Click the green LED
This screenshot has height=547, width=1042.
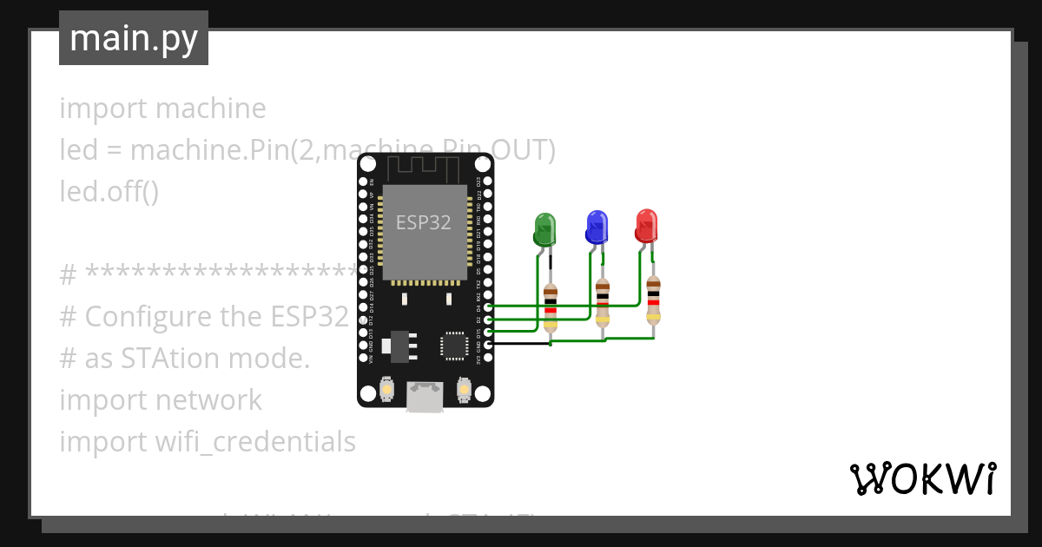click(x=544, y=230)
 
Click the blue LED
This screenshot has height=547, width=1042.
click(x=596, y=227)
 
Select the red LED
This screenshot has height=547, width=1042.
click(x=646, y=226)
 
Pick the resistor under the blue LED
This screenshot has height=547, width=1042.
click(x=603, y=302)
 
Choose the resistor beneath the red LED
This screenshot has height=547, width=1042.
click(x=653, y=300)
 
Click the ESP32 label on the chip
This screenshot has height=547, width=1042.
click(x=424, y=221)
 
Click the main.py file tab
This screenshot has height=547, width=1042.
click(x=134, y=38)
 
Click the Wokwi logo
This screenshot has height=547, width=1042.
click(x=922, y=478)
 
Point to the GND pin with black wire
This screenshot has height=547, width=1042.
click(x=488, y=345)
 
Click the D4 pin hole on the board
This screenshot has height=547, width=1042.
click(x=488, y=306)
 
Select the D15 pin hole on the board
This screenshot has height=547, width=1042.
click(x=488, y=333)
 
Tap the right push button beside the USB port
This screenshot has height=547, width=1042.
click(x=464, y=392)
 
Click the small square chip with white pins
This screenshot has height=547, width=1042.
click(x=454, y=346)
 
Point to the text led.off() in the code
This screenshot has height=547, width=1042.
click(x=109, y=191)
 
